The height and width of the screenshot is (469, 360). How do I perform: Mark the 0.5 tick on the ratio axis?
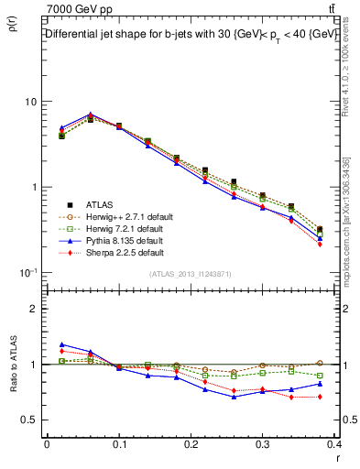click(x=29, y=420)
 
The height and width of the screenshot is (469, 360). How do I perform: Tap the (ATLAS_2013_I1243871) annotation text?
click(x=191, y=275)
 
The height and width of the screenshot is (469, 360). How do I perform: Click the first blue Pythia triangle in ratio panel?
click(x=62, y=344)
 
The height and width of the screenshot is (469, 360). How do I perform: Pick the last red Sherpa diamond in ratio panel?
click(x=320, y=397)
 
